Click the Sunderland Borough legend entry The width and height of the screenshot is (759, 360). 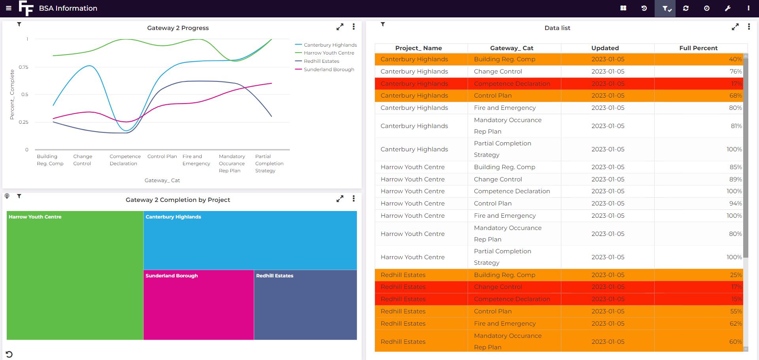point(329,70)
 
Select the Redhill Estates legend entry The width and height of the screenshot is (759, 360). point(321,61)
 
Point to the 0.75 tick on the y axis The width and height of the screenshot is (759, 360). point(23,67)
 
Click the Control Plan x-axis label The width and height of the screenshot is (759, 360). point(162,156)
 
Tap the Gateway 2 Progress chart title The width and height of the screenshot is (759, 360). point(178,28)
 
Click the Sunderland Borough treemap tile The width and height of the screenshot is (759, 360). point(198,305)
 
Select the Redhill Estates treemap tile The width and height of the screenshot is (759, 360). point(305,305)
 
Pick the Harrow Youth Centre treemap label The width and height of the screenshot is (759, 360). point(35,217)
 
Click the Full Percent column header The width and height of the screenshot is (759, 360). point(698,48)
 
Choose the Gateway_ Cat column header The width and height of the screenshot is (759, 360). point(512,48)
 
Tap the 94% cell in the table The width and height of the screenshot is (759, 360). point(735,204)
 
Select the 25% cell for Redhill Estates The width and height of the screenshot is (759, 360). point(736,275)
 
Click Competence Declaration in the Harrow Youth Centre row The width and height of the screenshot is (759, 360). point(512,191)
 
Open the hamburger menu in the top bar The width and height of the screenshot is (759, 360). point(9,8)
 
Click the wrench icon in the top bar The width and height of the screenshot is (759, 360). point(727,8)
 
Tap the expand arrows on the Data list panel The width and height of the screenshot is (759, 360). point(735,27)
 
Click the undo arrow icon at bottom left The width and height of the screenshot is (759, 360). point(9,354)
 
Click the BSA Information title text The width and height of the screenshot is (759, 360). point(68,8)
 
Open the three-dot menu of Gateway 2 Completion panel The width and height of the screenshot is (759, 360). point(353,199)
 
